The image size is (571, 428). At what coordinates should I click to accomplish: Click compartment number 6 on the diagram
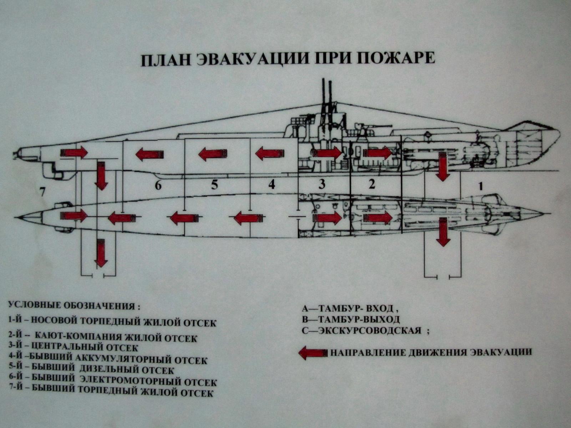158,185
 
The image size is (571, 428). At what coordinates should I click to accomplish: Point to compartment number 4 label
272,184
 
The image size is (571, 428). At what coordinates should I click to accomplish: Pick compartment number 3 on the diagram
322,184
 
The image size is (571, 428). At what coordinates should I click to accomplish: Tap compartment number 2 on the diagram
372,184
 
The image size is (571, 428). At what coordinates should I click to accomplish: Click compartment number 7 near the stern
42,192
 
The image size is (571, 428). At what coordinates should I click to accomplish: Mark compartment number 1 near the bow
480,186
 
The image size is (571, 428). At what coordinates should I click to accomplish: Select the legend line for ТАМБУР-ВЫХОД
351,319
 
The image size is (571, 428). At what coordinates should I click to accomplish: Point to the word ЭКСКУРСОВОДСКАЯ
369,331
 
